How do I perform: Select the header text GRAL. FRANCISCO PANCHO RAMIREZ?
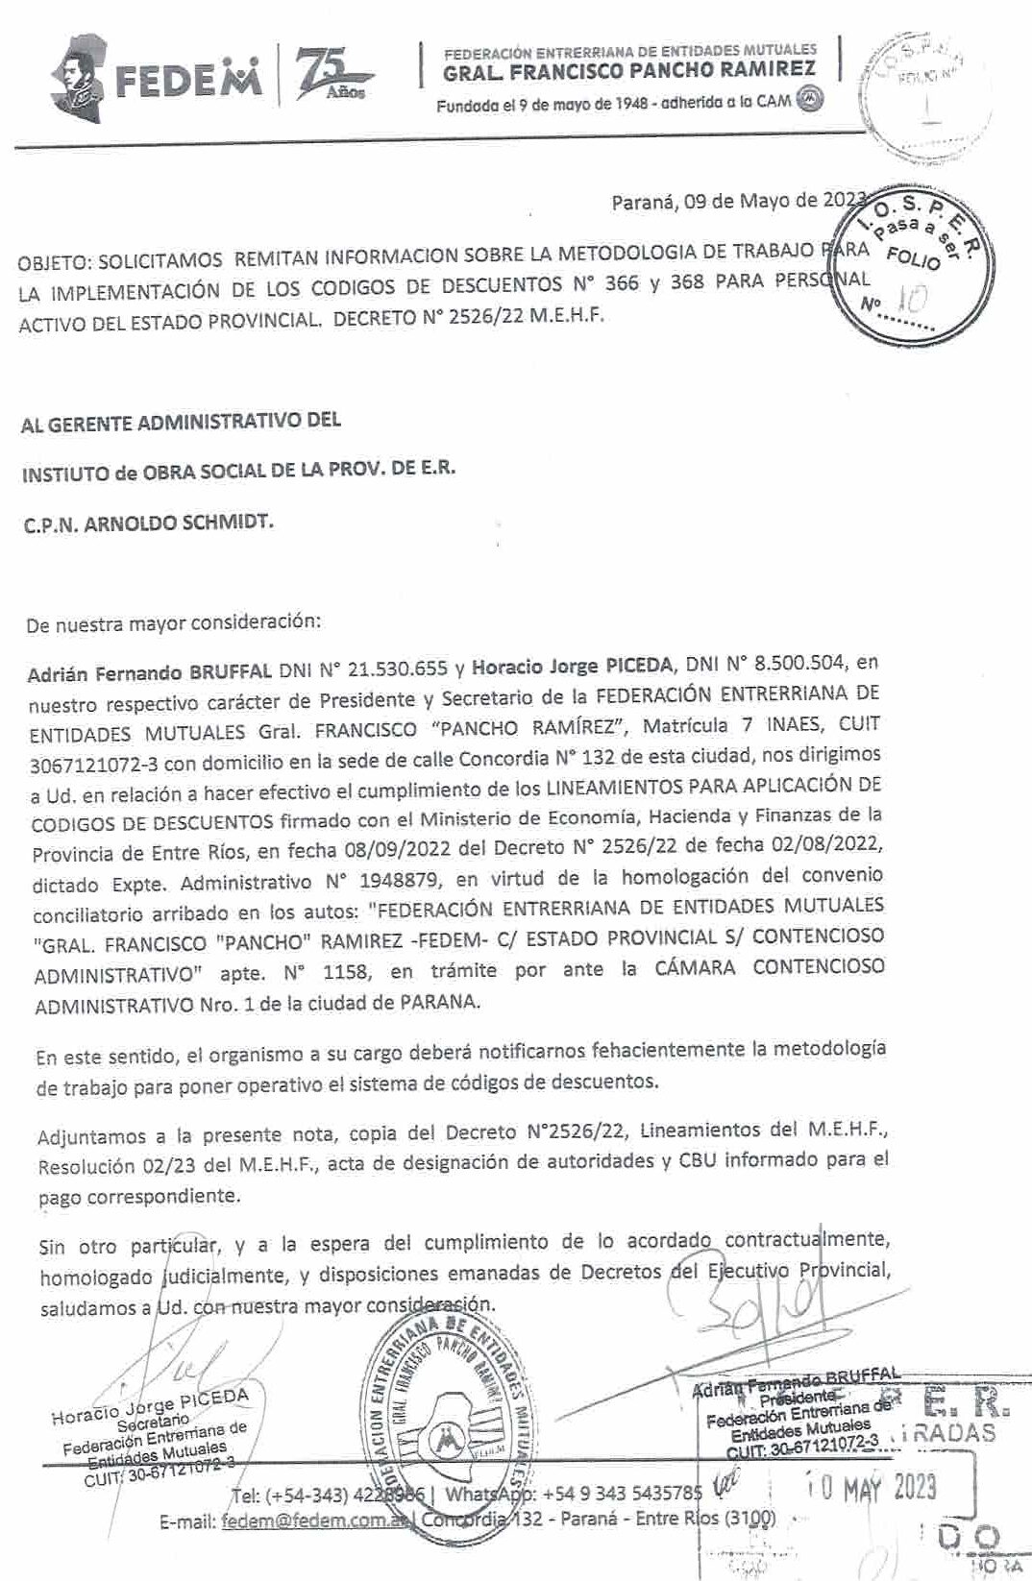629,69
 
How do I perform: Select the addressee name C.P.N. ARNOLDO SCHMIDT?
149,523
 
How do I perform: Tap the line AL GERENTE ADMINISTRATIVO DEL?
181,421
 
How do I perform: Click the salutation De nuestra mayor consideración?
173,621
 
